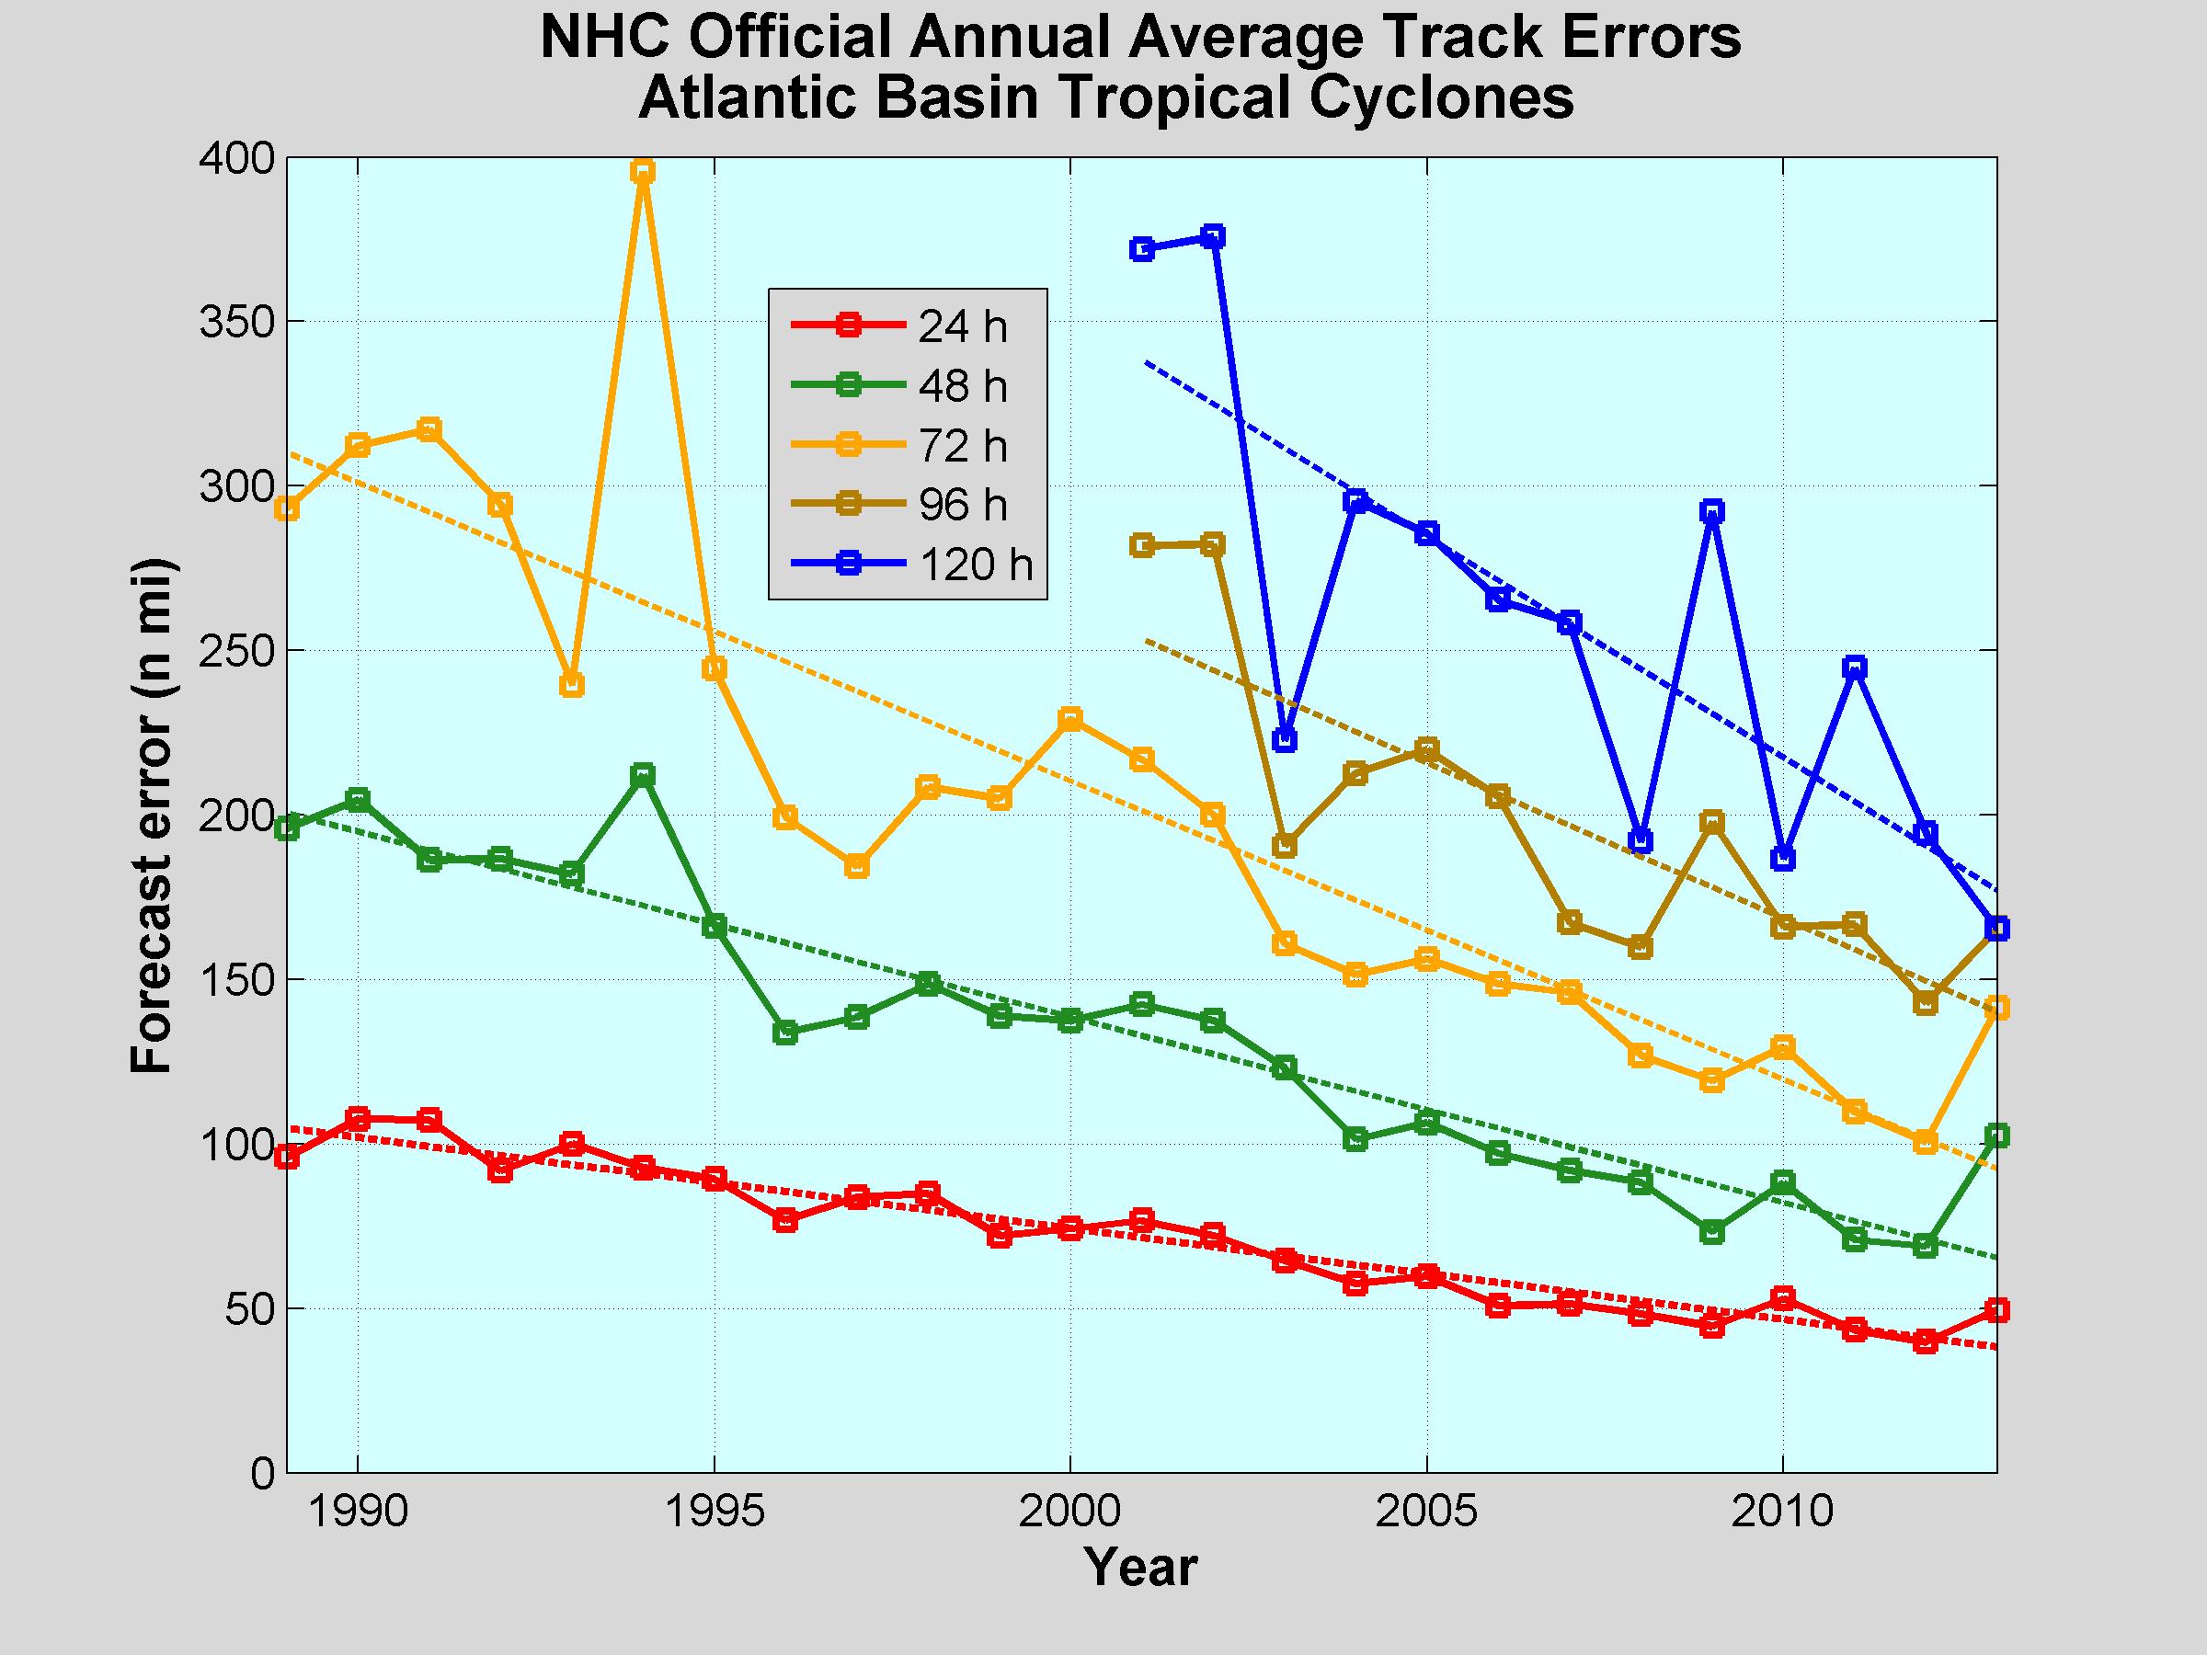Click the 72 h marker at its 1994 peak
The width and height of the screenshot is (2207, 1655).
click(x=644, y=172)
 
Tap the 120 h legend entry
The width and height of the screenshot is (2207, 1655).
click(x=975, y=565)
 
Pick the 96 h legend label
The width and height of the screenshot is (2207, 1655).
click(x=962, y=505)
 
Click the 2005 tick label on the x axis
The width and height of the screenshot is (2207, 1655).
click(x=1427, y=1513)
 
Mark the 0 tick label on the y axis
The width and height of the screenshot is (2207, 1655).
click(x=262, y=1472)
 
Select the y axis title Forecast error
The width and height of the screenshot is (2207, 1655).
click(x=153, y=816)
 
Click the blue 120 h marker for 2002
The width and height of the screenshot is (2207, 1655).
click(x=1213, y=236)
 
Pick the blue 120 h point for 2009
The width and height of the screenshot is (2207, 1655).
click(x=1712, y=512)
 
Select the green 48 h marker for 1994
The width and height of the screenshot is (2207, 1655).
click(x=644, y=775)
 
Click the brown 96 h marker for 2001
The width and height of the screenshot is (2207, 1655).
click(x=1142, y=545)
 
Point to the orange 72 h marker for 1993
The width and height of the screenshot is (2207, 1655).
click(x=572, y=685)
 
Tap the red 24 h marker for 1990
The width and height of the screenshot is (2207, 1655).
click(x=359, y=1118)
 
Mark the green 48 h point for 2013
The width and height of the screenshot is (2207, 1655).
click(x=1996, y=1136)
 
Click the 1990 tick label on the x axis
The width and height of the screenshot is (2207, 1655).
click(x=359, y=1513)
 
